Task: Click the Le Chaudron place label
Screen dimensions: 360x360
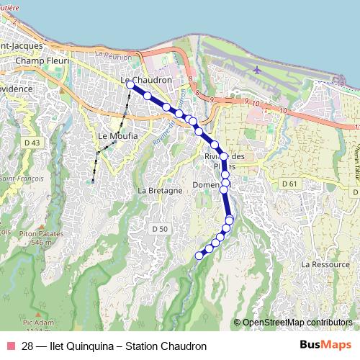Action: (x=146, y=80)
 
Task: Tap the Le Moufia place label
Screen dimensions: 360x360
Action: (x=114, y=135)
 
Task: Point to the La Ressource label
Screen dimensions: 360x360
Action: (x=325, y=264)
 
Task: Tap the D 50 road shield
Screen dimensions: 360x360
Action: (x=160, y=228)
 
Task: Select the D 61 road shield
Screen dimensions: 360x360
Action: (x=289, y=184)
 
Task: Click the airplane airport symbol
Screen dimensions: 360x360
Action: (x=258, y=70)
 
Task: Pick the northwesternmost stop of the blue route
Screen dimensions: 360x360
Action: (x=130, y=85)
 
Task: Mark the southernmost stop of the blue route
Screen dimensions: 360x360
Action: (x=199, y=255)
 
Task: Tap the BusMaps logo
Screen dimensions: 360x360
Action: (x=326, y=346)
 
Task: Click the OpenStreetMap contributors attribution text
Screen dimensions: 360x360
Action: (x=297, y=323)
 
